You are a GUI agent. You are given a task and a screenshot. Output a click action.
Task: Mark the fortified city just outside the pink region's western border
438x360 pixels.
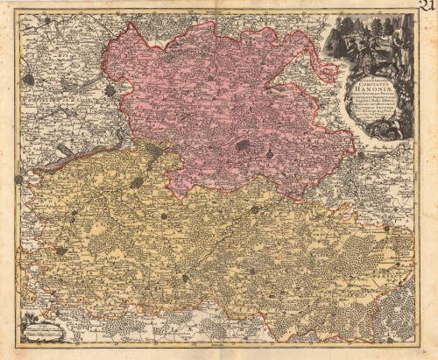point(110,90)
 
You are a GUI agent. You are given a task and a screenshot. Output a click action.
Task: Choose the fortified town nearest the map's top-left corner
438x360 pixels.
point(29,79)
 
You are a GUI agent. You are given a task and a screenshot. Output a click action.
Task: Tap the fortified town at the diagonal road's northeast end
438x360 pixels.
point(255,209)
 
